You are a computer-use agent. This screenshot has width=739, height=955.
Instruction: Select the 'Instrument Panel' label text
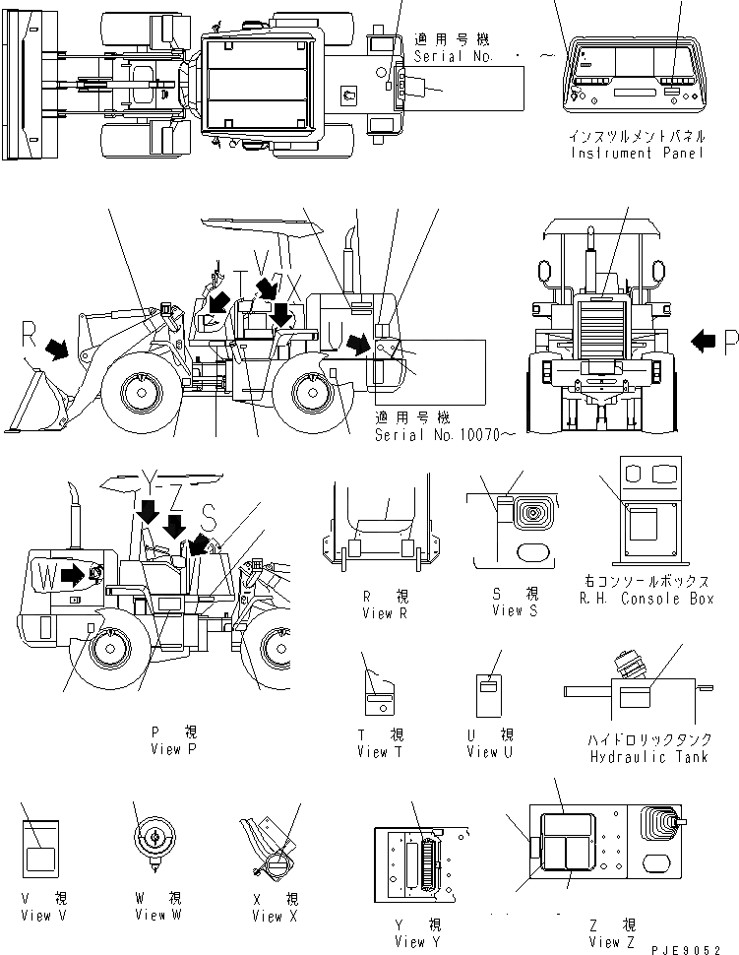coord(637,155)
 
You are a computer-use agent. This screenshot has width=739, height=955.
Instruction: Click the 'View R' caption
coord(377,611)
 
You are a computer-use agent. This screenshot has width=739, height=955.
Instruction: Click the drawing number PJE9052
coord(699,946)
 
